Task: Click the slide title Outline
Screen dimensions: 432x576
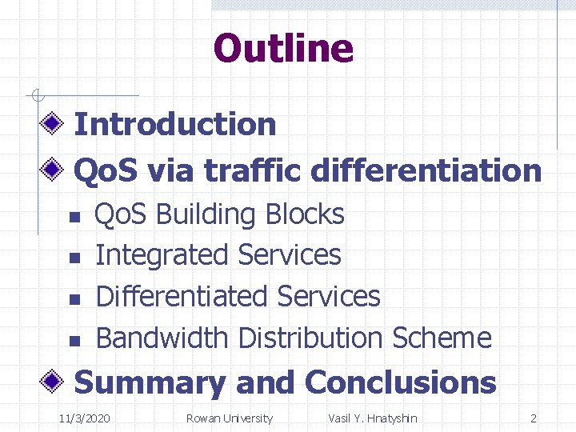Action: click(283, 48)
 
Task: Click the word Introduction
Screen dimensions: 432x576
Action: click(174, 124)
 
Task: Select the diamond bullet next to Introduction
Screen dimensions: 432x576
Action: click(54, 123)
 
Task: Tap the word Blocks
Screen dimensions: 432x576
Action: click(305, 214)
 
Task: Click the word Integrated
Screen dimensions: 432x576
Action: click(162, 255)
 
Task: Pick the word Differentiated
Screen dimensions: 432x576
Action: click(181, 296)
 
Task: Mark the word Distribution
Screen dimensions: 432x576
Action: click(313, 338)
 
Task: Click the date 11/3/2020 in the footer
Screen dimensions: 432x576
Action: click(86, 418)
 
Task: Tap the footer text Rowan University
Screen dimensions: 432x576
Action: click(229, 418)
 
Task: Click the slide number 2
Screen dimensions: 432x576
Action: click(534, 418)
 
